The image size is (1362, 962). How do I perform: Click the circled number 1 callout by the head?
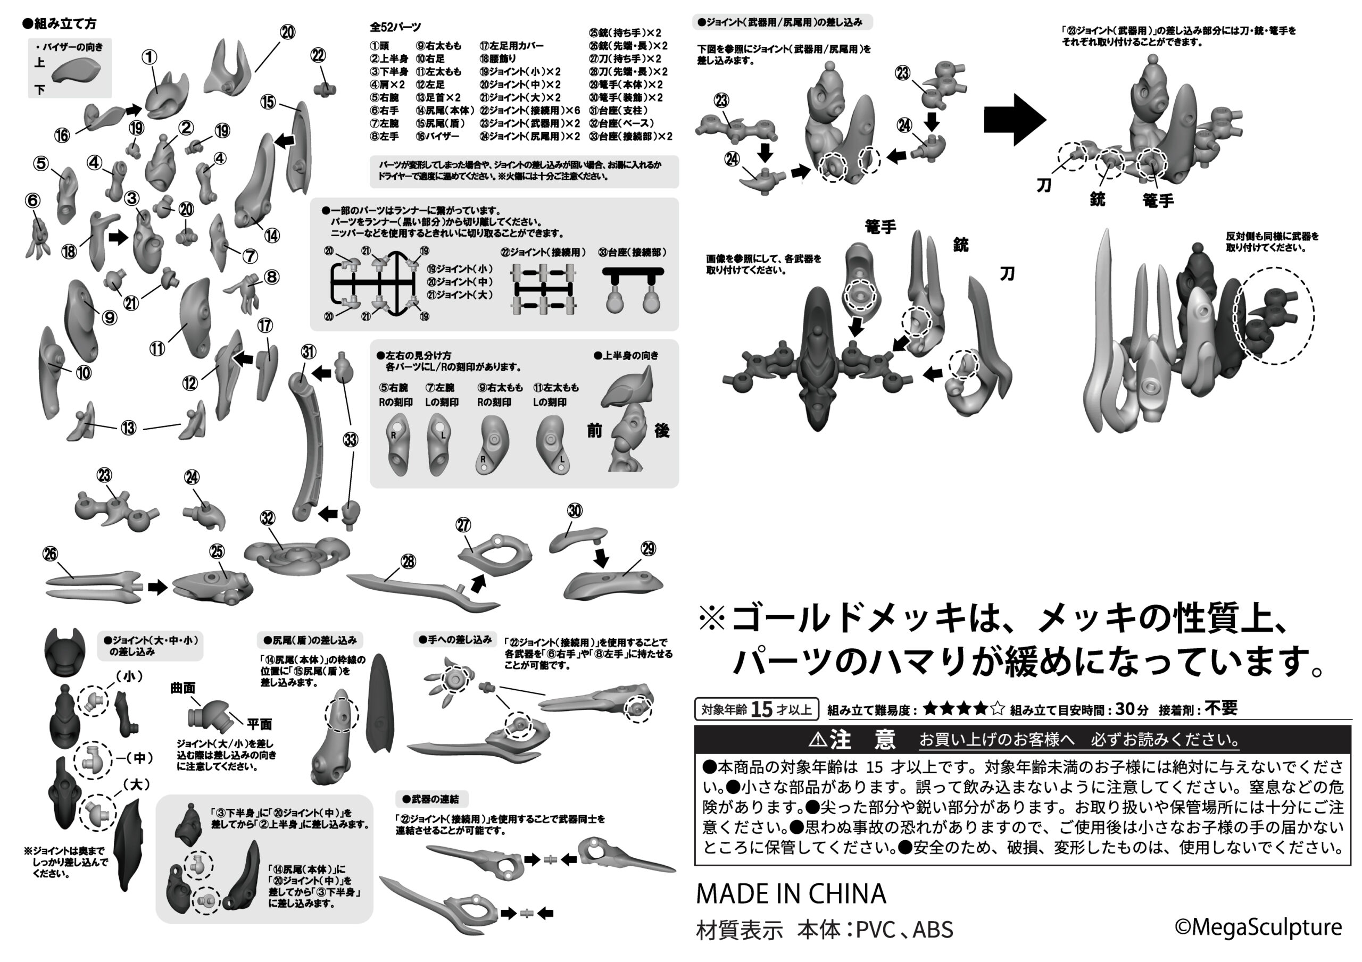point(150,57)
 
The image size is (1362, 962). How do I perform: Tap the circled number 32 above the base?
point(268,518)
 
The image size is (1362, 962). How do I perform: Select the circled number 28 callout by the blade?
point(408,561)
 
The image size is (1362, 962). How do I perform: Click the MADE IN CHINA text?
point(791,894)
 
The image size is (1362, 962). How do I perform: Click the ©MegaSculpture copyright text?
point(1258,927)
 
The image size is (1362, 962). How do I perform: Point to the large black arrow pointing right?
point(1015,120)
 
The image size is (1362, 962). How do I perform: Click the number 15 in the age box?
point(762,709)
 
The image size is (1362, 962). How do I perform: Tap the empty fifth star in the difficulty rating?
point(997,708)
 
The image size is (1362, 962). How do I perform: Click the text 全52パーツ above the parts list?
point(395,27)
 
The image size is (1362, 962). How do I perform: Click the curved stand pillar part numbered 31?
point(309,445)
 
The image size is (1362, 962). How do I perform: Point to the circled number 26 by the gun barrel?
point(51,554)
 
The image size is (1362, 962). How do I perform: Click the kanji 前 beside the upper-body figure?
point(594,431)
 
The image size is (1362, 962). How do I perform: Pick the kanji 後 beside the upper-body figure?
point(661,431)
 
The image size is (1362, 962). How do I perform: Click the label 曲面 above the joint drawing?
point(182,688)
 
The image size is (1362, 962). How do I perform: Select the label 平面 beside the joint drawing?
point(259,724)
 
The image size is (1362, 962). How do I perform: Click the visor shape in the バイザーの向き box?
point(76,72)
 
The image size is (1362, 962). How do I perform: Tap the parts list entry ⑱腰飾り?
point(499,58)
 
